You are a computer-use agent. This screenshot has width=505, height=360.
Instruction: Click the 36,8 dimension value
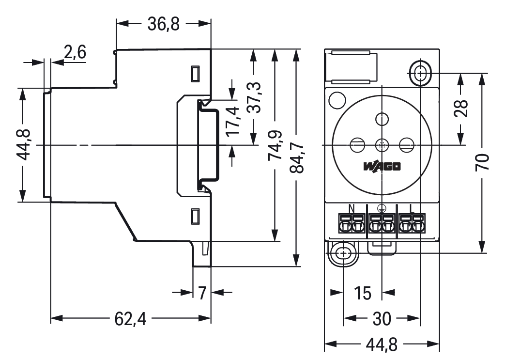click(x=163, y=24)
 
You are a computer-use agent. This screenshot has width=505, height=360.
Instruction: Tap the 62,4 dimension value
click(x=130, y=318)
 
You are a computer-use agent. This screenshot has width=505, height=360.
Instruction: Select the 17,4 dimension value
click(x=233, y=121)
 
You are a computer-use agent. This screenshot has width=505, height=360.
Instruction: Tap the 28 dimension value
click(x=461, y=109)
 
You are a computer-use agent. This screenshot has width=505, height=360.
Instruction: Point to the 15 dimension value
click(x=362, y=293)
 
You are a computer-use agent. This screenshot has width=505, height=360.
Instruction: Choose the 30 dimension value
click(x=382, y=318)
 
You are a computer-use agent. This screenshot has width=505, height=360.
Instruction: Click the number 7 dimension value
click(x=202, y=293)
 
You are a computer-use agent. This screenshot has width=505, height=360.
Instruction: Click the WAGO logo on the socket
click(x=382, y=167)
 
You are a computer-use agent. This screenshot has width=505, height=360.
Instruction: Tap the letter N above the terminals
click(x=352, y=209)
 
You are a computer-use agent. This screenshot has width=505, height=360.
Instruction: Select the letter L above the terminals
click(x=412, y=209)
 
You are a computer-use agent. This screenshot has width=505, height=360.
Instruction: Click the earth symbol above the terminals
click(x=382, y=209)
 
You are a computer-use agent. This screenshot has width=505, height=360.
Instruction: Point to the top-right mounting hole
click(x=420, y=74)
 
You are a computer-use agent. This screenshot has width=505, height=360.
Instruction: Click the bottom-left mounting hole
click(x=343, y=253)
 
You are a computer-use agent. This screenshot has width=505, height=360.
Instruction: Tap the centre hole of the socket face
click(x=382, y=144)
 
